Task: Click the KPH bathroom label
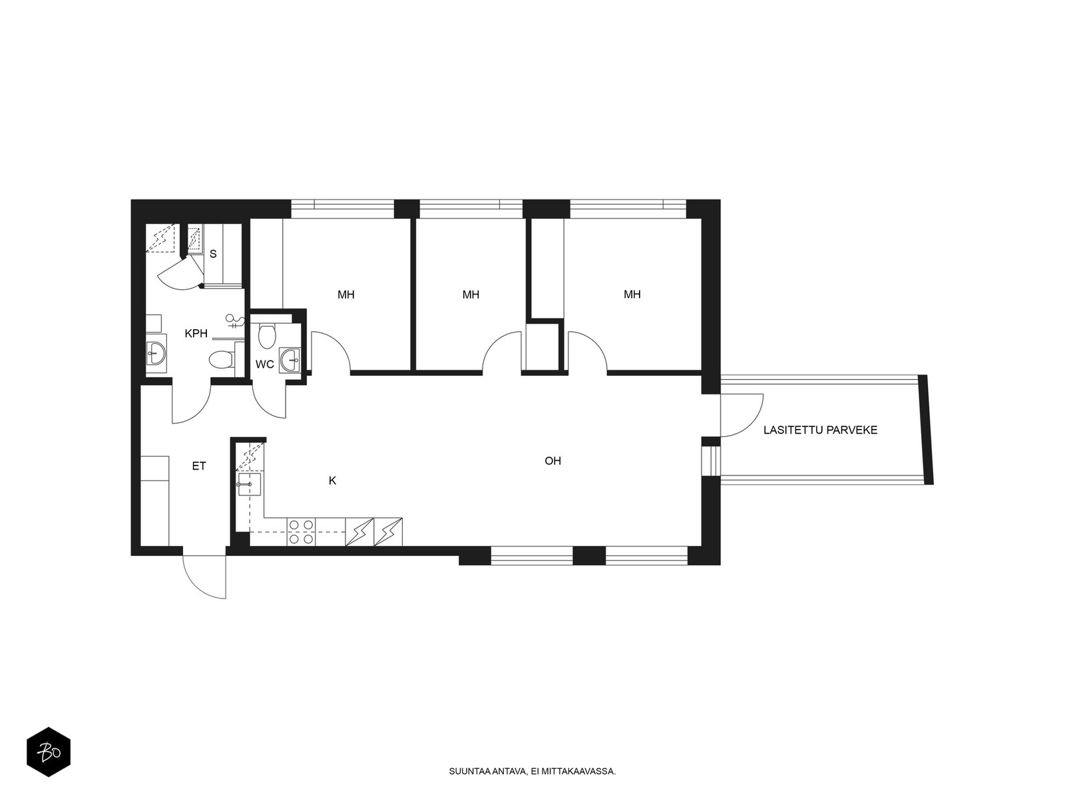click(196, 333)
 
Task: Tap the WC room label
click(264, 364)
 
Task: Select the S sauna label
click(213, 254)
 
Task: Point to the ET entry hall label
click(199, 466)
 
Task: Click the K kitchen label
click(332, 481)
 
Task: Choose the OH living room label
click(552, 461)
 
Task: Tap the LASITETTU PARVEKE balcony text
click(821, 430)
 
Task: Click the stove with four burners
click(302, 532)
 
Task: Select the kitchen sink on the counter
click(250, 485)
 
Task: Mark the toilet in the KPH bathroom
click(222, 360)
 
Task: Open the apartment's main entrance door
click(204, 576)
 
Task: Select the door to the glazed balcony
click(742, 415)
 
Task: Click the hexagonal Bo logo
click(49, 751)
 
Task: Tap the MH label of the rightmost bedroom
click(632, 294)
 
